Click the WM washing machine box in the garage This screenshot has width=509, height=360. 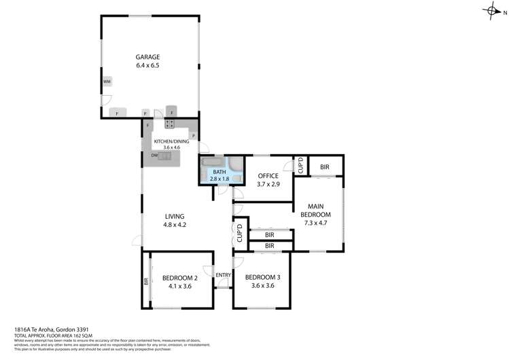point(107,82)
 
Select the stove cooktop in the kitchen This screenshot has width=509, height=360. point(169,124)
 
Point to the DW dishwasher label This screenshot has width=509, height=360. point(154,156)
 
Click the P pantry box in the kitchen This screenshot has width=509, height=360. point(193,136)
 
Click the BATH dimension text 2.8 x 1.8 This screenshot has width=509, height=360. point(220,179)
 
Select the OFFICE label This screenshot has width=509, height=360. point(268,176)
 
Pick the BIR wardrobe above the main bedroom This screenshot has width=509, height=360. point(325,166)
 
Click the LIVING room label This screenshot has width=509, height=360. point(175,217)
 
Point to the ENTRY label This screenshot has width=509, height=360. point(223,275)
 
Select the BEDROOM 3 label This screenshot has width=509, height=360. point(262,276)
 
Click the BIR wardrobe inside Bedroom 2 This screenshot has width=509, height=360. point(146,281)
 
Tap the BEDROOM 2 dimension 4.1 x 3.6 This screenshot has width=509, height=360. point(180,285)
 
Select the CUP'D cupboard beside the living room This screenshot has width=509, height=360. point(239,234)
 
